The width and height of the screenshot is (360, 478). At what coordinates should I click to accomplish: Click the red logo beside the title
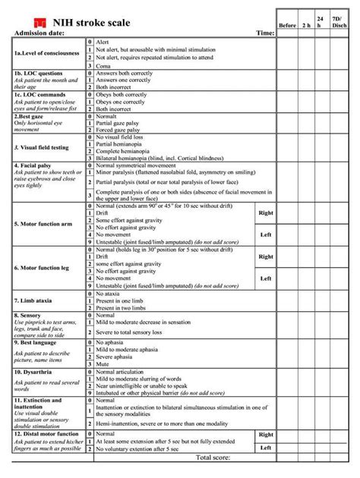[x=40, y=20]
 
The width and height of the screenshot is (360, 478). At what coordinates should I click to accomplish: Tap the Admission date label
[x=39, y=33]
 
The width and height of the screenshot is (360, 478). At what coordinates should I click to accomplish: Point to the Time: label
[x=265, y=33]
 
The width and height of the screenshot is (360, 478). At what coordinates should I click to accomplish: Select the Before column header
[x=287, y=25]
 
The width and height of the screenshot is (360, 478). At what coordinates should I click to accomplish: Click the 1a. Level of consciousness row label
[x=46, y=53]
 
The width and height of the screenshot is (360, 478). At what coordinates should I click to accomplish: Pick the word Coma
[x=105, y=66]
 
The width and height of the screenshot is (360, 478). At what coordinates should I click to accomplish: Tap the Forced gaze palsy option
[x=122, y=128]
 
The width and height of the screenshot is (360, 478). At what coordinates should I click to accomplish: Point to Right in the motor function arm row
[x=266, y=213]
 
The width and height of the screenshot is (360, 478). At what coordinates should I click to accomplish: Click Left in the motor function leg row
[x=266, y=278]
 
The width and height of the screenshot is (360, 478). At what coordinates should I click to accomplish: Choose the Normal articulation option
[x=125, y=373]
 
